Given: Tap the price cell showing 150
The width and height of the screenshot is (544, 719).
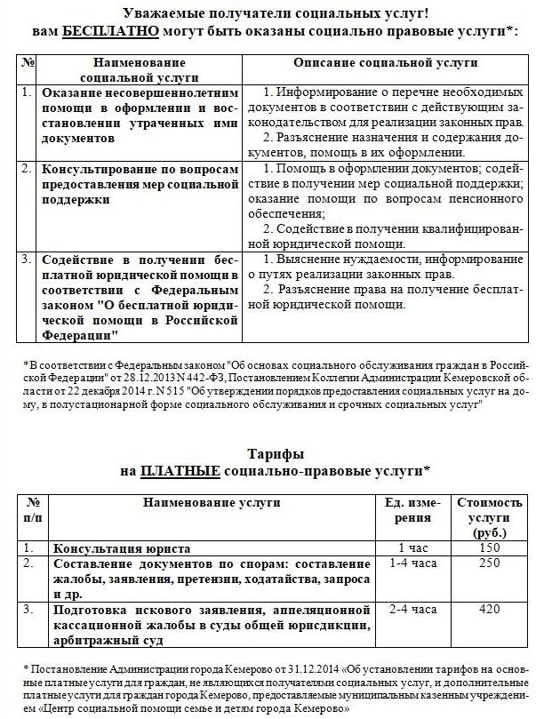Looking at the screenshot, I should [x=488, y=548].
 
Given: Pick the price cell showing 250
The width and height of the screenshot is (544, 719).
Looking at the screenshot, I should [x=488, y=564].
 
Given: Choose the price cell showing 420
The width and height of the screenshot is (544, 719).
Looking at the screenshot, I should [x=488, y=610].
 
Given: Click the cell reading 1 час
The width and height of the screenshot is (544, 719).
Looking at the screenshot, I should [x=413, y=548].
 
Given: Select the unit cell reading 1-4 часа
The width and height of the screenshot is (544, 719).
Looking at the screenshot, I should [x=413, y=564].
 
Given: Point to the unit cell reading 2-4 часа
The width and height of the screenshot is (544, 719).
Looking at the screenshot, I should [x=413, y=610].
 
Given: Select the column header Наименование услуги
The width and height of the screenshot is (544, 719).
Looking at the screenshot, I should [x=210, y=504].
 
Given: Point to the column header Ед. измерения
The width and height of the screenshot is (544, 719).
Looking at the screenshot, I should [x=413, y=511].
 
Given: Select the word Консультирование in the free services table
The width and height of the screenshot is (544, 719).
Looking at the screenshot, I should [x=101, y=168].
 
